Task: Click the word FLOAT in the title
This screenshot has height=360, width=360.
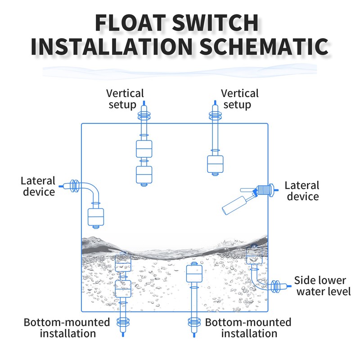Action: pos(130,23)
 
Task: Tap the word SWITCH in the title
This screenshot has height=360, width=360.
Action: pos(216,23)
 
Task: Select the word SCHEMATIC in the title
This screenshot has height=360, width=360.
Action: pos(264,47)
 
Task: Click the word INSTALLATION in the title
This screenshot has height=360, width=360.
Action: pos(111,47)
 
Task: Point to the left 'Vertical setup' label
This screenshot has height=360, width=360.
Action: pos(125,99)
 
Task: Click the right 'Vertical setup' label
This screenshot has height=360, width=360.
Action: pos(240,99)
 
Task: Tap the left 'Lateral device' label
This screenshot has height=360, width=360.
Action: pos(38,186)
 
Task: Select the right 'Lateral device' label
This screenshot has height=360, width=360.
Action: pos(302,191)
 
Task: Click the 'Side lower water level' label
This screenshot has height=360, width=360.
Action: pos(322,286)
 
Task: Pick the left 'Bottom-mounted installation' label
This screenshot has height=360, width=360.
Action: pos(67,328)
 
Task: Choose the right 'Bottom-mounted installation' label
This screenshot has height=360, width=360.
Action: pos(248,328)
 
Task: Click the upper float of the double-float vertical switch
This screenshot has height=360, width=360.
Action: pos(144,149)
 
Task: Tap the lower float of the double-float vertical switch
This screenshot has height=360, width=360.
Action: pos(144,175)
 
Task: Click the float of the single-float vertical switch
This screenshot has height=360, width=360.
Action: pos(215,164)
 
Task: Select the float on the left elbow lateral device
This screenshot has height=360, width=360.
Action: pos(96,217)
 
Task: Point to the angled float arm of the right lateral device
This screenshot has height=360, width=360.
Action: pos(234,205)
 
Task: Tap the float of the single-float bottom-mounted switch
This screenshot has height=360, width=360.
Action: pos(194,274)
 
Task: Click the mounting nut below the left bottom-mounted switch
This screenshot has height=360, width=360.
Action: pos(123,322)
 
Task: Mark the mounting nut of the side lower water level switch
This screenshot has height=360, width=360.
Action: pos(275,286)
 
